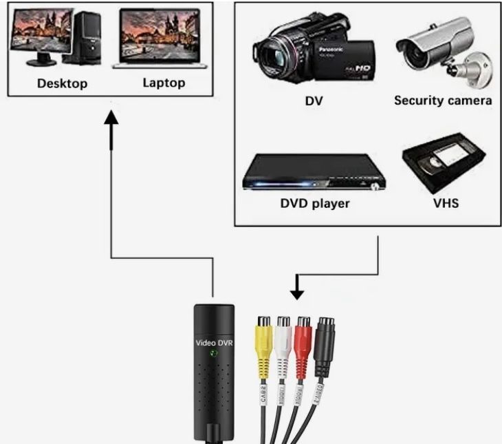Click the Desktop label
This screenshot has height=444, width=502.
(62, 84)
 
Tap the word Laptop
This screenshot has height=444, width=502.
(164, 83)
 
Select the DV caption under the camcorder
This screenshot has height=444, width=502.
(314, 101)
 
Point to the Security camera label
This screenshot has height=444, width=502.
(442, 101)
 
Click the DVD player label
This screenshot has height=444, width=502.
(315, 203)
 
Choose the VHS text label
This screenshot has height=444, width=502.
(446, 203)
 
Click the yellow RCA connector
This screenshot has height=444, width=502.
(263, 337)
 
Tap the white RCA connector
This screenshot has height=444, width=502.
(284, 337)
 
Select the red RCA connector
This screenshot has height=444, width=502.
(304, 337)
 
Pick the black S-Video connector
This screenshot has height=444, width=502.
(325, 341)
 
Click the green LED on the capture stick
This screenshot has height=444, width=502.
(213, 355)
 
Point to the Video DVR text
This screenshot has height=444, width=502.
(213, 341)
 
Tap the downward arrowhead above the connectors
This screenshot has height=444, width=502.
(296, 293)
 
